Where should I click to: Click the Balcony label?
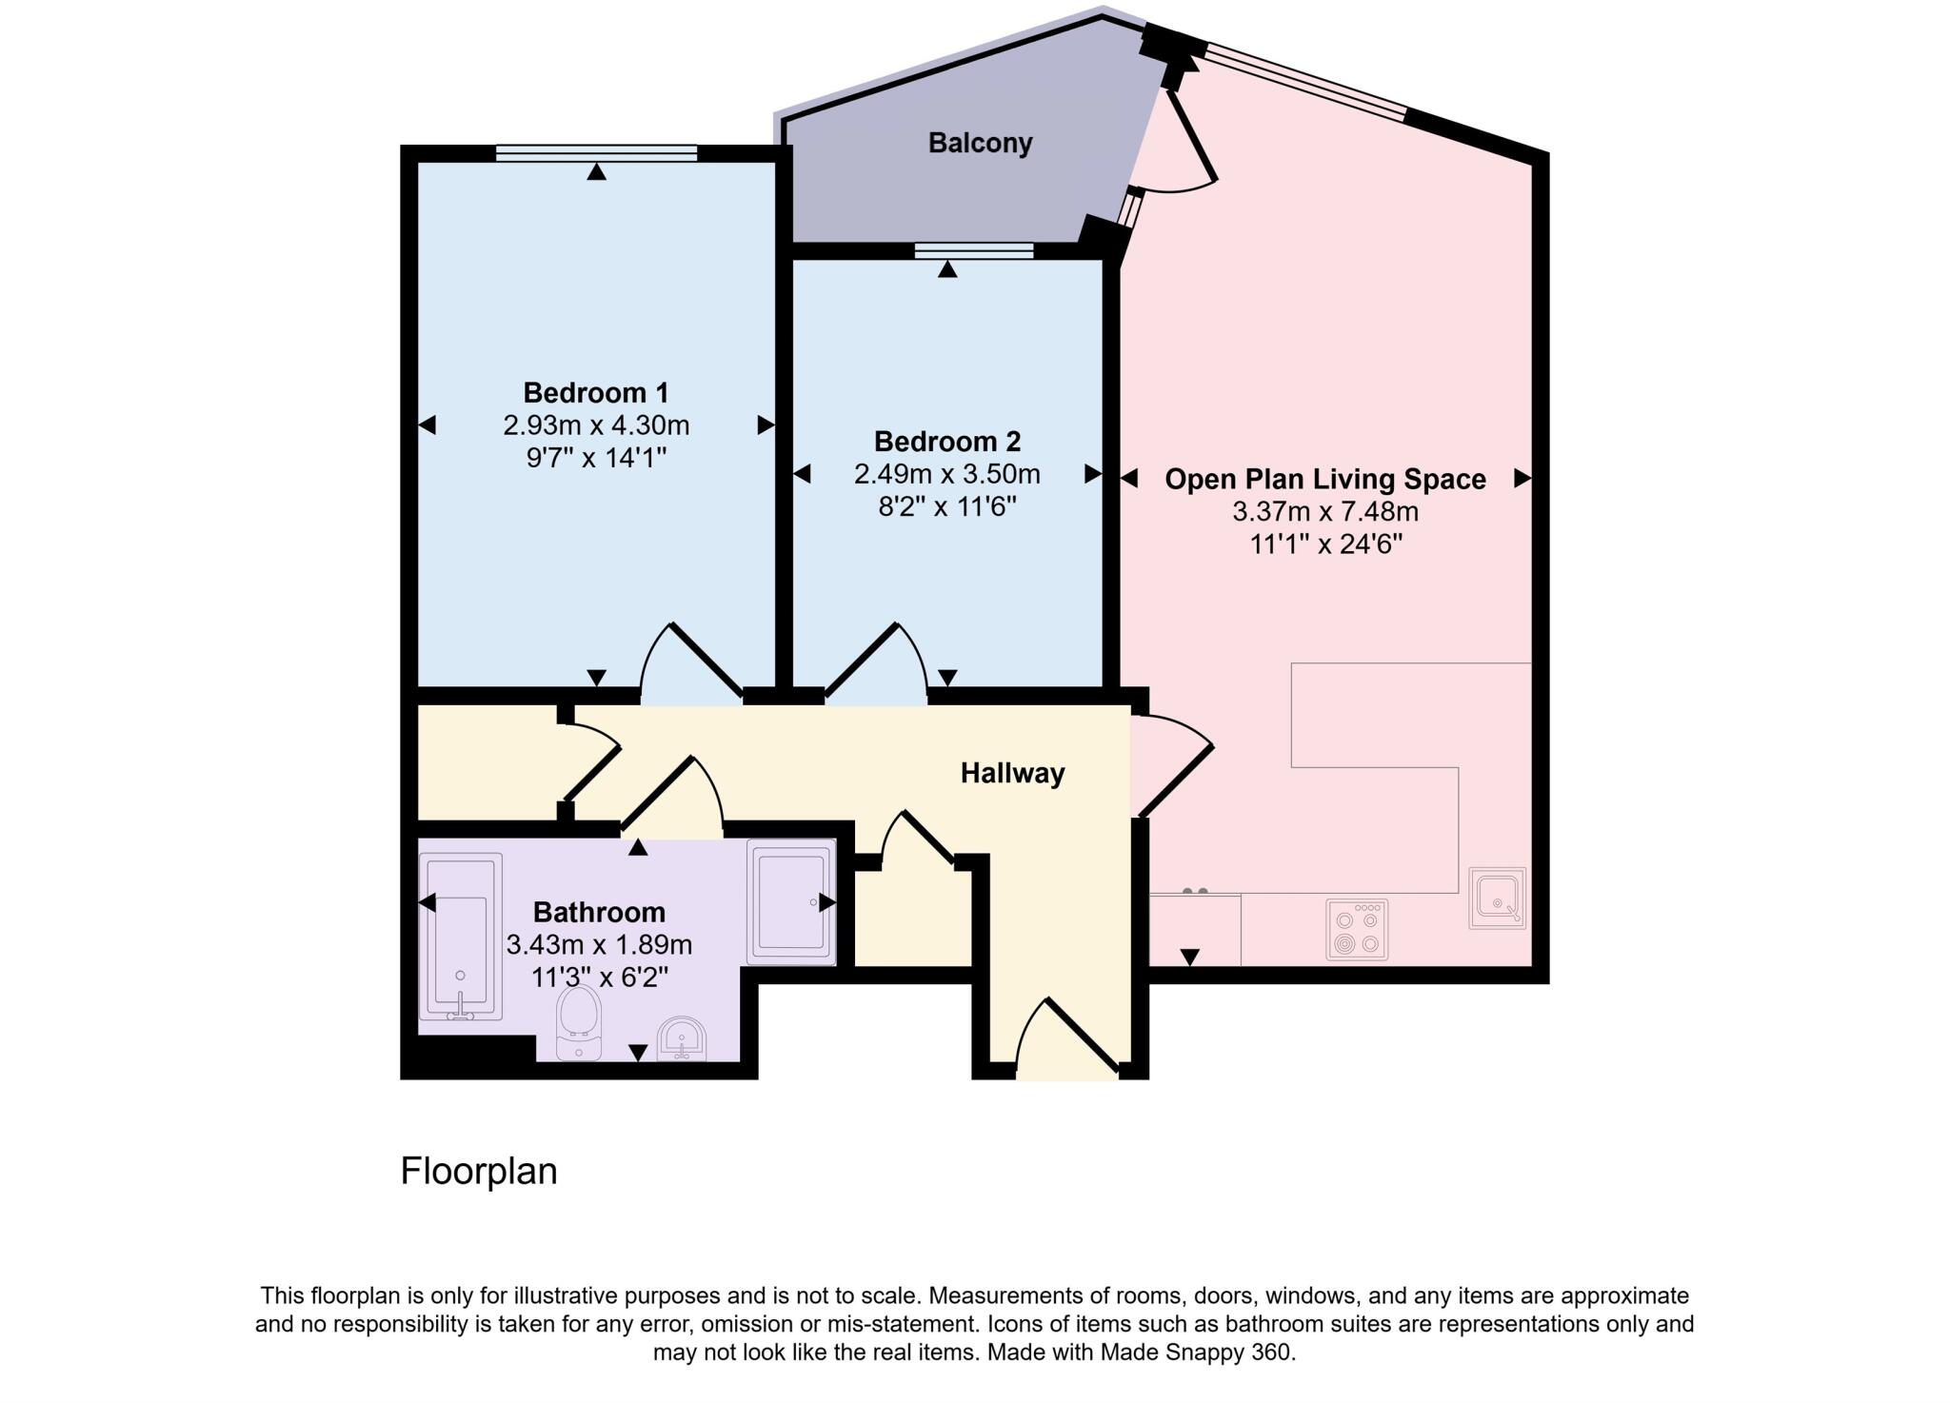pyautogui.click(x=980, y=143)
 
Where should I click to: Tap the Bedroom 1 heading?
pyautogui.click(x=596, y=392)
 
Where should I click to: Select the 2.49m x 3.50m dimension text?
pyautogui.click(x=946, y=474)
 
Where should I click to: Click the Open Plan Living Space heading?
pyautogui.click(x=1324, y=479)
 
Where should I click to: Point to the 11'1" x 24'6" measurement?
pyautogui.click(x=1325, y=544)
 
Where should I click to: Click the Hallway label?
pyautogui.click(x=1012, y=773)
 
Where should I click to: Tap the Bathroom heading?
pyautogui.click(x=599, y=912)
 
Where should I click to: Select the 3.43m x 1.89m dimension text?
pyautogui.click(x=599, y=945)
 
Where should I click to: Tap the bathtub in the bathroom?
pyautogui.click(x=461, y=937)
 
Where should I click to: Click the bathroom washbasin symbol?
pyautogui.click(x=682, y=1039)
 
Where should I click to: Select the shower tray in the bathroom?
pyautogui.click(x=790, y=901)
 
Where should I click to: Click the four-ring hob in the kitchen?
pyautogui.click(x=1357, y=930)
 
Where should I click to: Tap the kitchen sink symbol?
pyautogui.click(x=1497, y=898)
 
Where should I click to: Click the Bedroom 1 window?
pyautogui.click(x=596, y=153)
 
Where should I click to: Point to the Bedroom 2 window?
pyautogui.click(x=974, y=251)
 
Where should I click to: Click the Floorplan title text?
pyautogui.click(x=478, y=1171)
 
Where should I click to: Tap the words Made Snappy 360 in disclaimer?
pyautogui.click(x=1196, y=1352)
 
